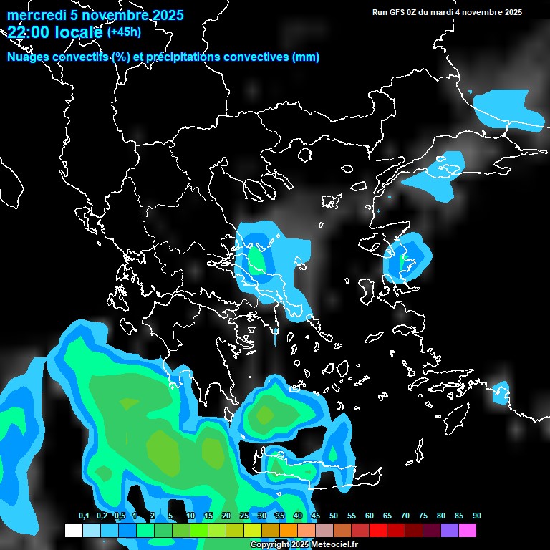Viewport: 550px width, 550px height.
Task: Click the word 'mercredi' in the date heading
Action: (33, 15)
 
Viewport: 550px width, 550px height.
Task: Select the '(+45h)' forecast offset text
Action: (124, 32)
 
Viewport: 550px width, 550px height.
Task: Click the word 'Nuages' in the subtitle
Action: (29, 57)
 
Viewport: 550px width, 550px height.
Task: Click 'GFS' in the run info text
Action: (402, 12)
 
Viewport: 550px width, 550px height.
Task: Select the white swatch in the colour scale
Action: (73, 530)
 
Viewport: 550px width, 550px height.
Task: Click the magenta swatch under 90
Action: (467, 530)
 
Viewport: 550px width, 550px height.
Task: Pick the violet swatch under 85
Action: (449, 530)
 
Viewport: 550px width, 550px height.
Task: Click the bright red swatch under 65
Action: (377, 530)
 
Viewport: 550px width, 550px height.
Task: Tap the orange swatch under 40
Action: (288, 530)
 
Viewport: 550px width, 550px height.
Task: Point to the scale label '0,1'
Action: (84, 516)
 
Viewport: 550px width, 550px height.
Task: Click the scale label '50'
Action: (334, 516)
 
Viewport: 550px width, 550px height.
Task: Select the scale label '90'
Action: (477, 516)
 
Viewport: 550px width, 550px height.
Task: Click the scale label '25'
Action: (244, 516)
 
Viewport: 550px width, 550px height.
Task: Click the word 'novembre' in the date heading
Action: (109, 15)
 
